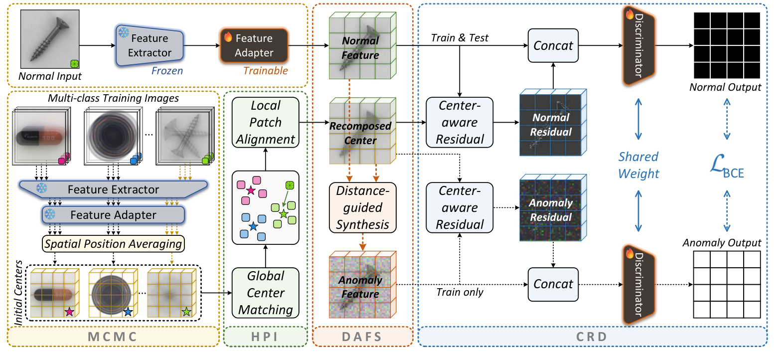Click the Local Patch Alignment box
[266, 122]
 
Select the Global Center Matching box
[266, 293]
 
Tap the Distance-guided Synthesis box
[362, 207]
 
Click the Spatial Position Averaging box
[113, 244]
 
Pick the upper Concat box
[553, 46]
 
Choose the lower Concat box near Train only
[553, 284]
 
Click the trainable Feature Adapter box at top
[254, 45]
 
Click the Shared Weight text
[638, 165]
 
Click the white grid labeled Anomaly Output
[727, 284]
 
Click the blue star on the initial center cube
[128, 312]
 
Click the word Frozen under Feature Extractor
[167, 71]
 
